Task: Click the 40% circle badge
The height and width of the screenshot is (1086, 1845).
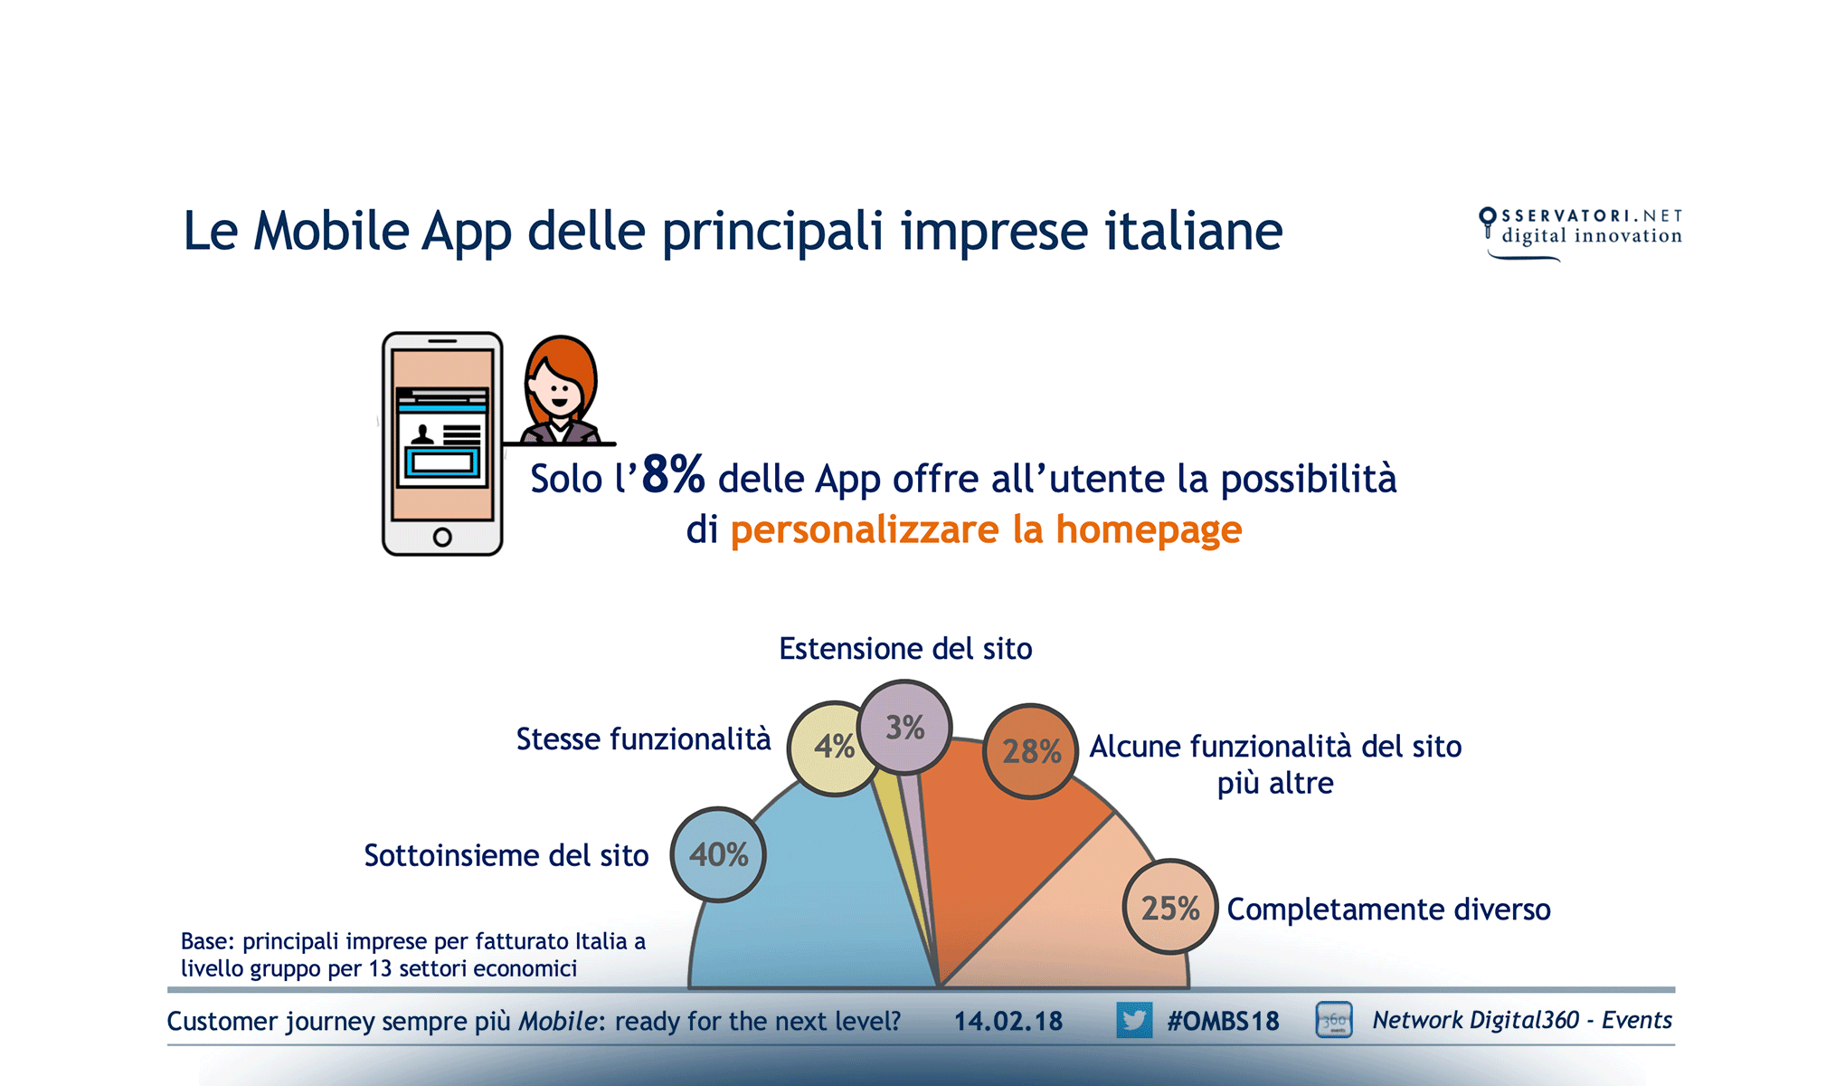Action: (x=718, y=854)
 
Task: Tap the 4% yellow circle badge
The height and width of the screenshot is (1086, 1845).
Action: (x=833, y=748)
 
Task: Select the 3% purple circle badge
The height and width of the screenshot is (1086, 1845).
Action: (x=904, y=728)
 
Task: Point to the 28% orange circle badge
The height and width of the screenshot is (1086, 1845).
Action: (x=1030, y=751)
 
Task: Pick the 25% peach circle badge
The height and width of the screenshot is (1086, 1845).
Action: (x=1169, y=907)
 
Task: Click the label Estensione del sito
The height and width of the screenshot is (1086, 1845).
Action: (x=905, y=649)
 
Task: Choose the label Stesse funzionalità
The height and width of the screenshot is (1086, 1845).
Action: (x=643, y=739)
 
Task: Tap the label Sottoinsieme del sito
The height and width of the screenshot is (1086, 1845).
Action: (x=506, y=855)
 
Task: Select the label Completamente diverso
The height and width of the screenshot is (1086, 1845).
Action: (x=1388, y=909)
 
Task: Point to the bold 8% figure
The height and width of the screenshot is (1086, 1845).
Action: (x=673, y=474)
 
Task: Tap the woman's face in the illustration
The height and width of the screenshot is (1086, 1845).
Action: (x=557, y=391)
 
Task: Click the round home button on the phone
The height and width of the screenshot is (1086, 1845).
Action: (x=442, y=537)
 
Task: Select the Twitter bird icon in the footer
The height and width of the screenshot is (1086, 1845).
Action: (x=1133, y=1020)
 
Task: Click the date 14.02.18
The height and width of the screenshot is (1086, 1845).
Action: (x=1008, y=1021)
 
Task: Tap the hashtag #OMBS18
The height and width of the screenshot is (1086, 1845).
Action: (x=1223, y=1021)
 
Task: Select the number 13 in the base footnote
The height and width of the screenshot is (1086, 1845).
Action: (x=380, y=968)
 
